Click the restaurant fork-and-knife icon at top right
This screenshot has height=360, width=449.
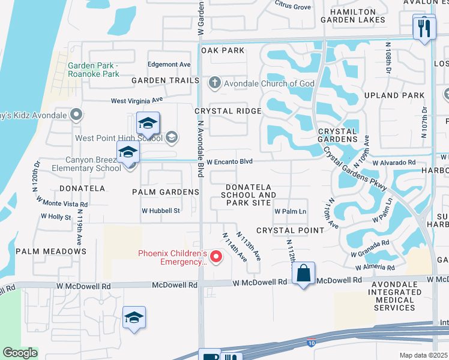(x=424, y=28)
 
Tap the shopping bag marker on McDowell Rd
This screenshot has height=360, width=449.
(x=304, y=274)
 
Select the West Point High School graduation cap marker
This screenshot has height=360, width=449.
(x=147, y=124)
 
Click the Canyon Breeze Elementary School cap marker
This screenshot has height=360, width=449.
(x=128, y=153)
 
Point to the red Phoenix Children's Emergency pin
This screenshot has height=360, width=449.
(x=216, y=258)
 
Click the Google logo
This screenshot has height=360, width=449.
(x=20, y=353)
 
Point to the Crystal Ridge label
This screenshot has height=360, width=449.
(x=228, y=111)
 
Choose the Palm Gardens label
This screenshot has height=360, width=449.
(x=166, y=192)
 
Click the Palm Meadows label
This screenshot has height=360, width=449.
(x=51, y=251)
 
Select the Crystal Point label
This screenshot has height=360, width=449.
(x=290, y=230)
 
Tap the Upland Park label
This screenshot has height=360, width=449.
(x=398, y=95)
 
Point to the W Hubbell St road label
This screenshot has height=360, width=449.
(x=161, y=211)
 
